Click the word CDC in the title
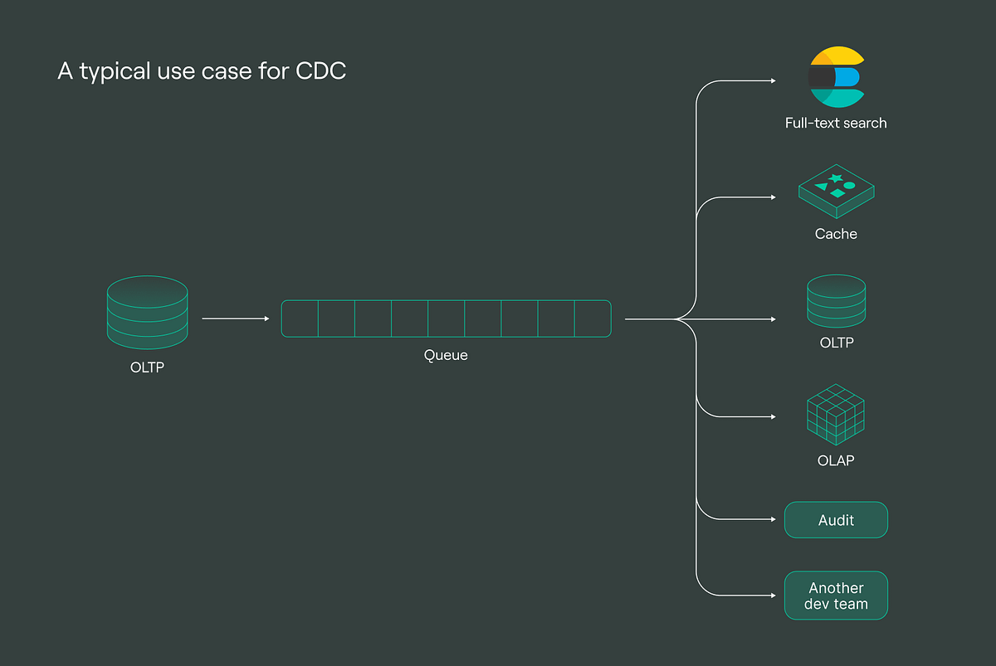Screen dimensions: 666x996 320,71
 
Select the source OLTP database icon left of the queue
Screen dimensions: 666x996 147,312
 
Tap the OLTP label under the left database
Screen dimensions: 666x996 147,367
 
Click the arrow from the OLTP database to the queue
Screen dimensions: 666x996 236,318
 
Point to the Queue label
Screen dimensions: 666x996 446,355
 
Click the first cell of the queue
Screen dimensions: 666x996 300,318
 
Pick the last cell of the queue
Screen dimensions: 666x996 593,318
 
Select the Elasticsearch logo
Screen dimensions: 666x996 837,77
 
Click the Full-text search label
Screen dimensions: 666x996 836,123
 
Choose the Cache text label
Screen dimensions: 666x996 836,234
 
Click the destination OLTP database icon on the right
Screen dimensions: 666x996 836,301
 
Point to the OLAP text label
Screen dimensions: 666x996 836,460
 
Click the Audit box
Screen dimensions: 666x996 836,520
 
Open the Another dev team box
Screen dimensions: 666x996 836,596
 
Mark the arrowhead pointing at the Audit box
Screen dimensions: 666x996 773,520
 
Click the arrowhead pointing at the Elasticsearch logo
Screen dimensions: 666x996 773,81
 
